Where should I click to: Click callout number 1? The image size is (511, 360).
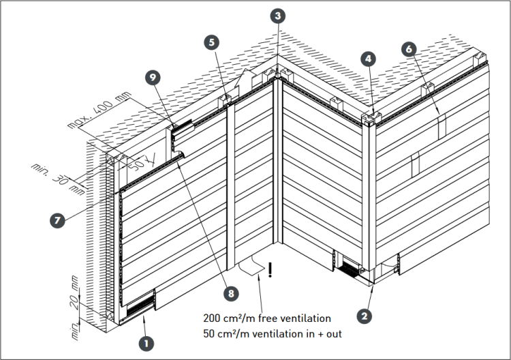coord(144,343)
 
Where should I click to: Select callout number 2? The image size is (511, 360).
coord(365,316)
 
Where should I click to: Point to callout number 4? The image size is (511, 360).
coord(369,59)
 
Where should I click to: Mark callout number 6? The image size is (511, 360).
coord(409,49)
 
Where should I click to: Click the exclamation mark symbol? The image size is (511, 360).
coord(270,270)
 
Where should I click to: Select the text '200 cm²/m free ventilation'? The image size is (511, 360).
coord(267,318)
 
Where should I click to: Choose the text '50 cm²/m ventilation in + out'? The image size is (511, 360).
coord(273,333)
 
